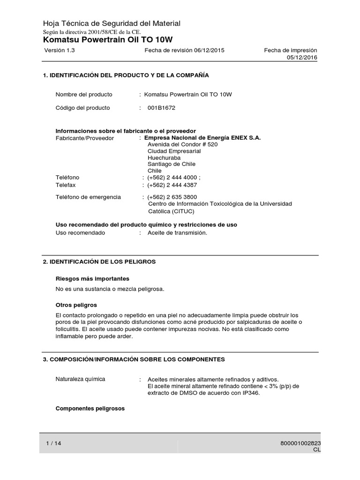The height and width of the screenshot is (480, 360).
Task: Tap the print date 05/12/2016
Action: pos(302,57)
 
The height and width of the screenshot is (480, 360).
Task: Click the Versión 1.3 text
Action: pos(60,50)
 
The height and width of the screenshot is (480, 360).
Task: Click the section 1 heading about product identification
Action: pos(126,75)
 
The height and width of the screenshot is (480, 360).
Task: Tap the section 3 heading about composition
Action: pos(134,360)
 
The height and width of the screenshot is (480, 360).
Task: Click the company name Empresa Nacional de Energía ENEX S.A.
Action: pos(202,138)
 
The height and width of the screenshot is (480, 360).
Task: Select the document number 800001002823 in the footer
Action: pos(301,443)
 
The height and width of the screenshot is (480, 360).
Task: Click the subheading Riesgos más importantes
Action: pos(92,278)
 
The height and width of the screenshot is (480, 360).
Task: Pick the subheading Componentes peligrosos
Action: pos(90,408)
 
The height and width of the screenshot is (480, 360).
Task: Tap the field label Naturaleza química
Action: pos(80,379)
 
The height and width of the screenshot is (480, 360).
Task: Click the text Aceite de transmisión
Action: pos(177,232)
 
